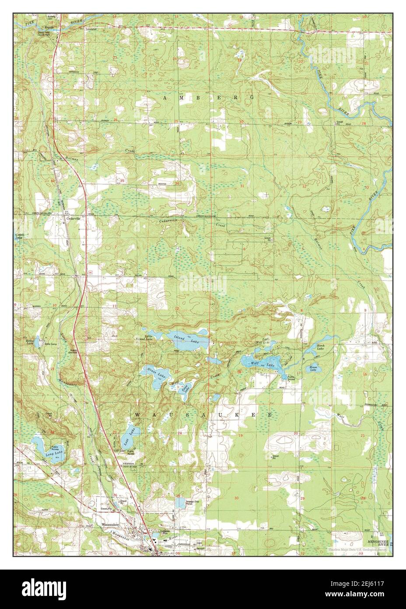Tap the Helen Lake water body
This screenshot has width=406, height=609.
coord(37,341)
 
